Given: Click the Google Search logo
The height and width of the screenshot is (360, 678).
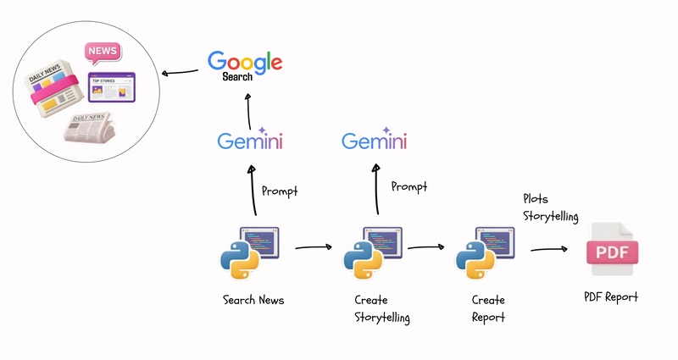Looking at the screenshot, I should pos(244,64).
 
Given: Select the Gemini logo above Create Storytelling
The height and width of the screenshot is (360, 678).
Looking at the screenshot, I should pos(374,140).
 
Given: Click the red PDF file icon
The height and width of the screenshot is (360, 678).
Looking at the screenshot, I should pos(611,252).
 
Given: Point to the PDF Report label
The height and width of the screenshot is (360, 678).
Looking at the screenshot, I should pos(610,296).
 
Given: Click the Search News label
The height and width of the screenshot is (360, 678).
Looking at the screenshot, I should pos(253,300).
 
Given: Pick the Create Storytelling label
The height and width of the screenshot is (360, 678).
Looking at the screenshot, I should pos(381,308).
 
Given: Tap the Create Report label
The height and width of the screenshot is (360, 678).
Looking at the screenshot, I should pos(488,308).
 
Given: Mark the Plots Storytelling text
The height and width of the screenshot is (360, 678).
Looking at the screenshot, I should pos(550,208).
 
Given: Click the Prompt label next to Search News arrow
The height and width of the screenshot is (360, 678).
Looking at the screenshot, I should pos(280,191).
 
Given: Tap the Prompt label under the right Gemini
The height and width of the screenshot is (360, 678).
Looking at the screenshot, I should pos(408,186).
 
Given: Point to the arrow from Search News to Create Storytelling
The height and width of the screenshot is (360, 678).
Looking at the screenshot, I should pos(313,247).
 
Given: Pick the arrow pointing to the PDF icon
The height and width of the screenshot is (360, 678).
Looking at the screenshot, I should pos(548,249).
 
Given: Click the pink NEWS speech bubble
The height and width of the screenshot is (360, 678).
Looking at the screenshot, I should pos(103,53).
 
